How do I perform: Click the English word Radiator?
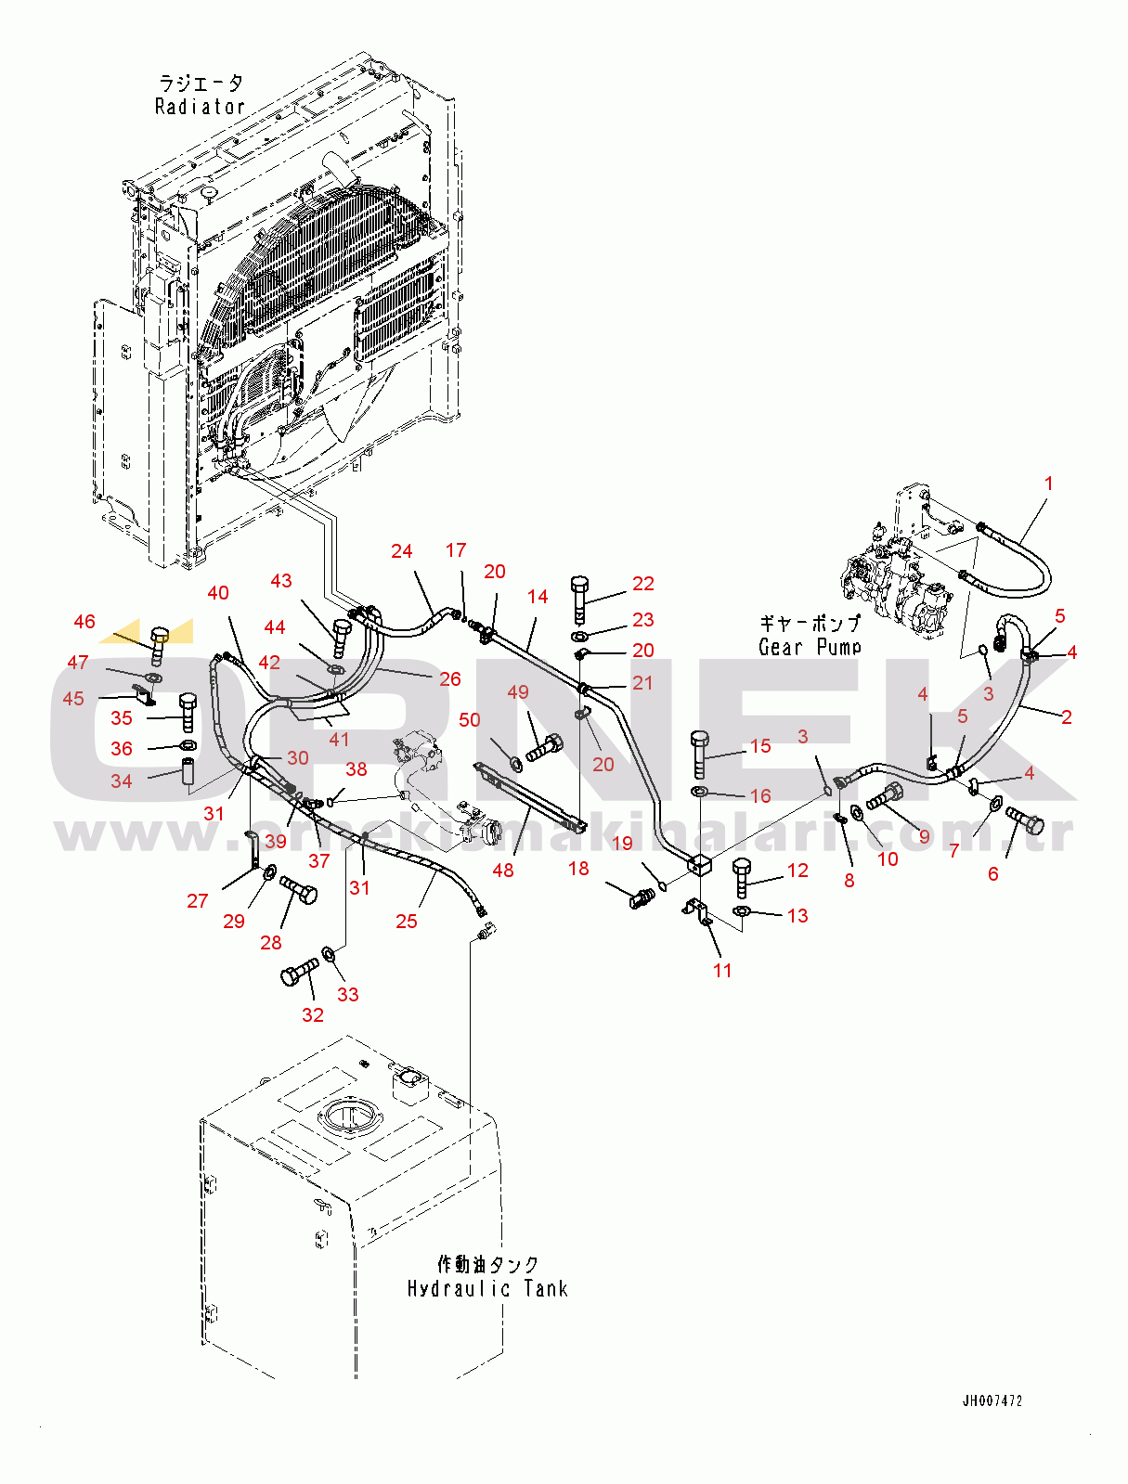tap(200, 107)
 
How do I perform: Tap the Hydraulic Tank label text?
tap(487, 1288)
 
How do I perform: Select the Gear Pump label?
tap(810, 647)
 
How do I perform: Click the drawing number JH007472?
tap(992, 1400)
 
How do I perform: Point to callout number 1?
tap(1049, 484)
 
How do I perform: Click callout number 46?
tap(84, 622)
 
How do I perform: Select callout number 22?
tap(643, 584)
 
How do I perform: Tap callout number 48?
tap(503, 871)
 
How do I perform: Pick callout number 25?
tap(407, 922)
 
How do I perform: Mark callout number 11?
tap(722, 971)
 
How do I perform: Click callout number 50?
tap(470, 720)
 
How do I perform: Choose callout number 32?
tap(313, 1015)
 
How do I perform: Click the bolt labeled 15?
tap(701, 753)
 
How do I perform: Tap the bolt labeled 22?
tap(579, 599)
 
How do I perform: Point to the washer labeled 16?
tap(699, 792)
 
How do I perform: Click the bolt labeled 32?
tap(298, 973)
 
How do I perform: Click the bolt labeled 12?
tap(741, 877)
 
